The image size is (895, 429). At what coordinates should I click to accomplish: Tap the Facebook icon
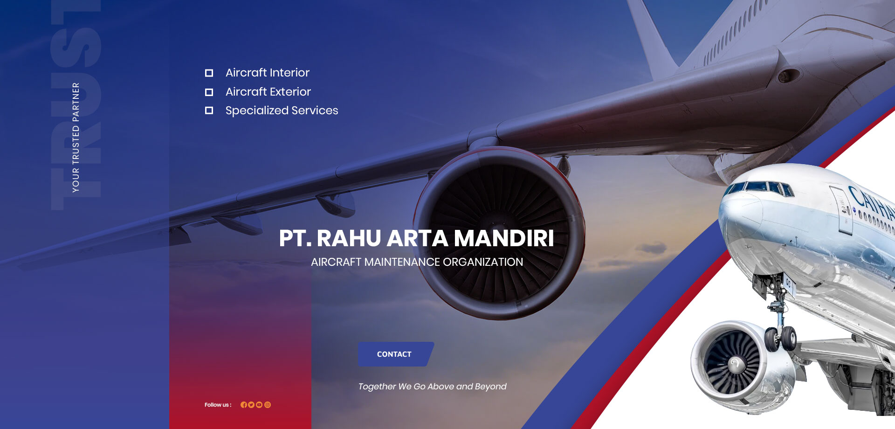point(244,405)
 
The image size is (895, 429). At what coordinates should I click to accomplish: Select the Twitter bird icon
point(251,405)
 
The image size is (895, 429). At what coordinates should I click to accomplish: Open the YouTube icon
point(259,405)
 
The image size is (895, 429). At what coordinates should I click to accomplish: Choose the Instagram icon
point(268,405)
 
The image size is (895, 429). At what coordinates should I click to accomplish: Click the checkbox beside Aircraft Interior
point(209,73)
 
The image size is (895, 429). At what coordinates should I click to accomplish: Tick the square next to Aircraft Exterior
point(209,92)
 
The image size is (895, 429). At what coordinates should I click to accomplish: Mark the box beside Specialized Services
point(209,111)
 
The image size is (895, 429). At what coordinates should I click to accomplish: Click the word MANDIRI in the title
point(504,238)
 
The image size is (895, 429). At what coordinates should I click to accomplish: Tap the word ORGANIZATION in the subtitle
point(483,262)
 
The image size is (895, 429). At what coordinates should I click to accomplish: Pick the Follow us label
point(218,405)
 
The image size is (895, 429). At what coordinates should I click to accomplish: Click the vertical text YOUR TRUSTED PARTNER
point(76,138)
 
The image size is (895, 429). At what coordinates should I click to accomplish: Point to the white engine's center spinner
point(735,364)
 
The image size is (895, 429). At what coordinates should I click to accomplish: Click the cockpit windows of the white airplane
point(761,187)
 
